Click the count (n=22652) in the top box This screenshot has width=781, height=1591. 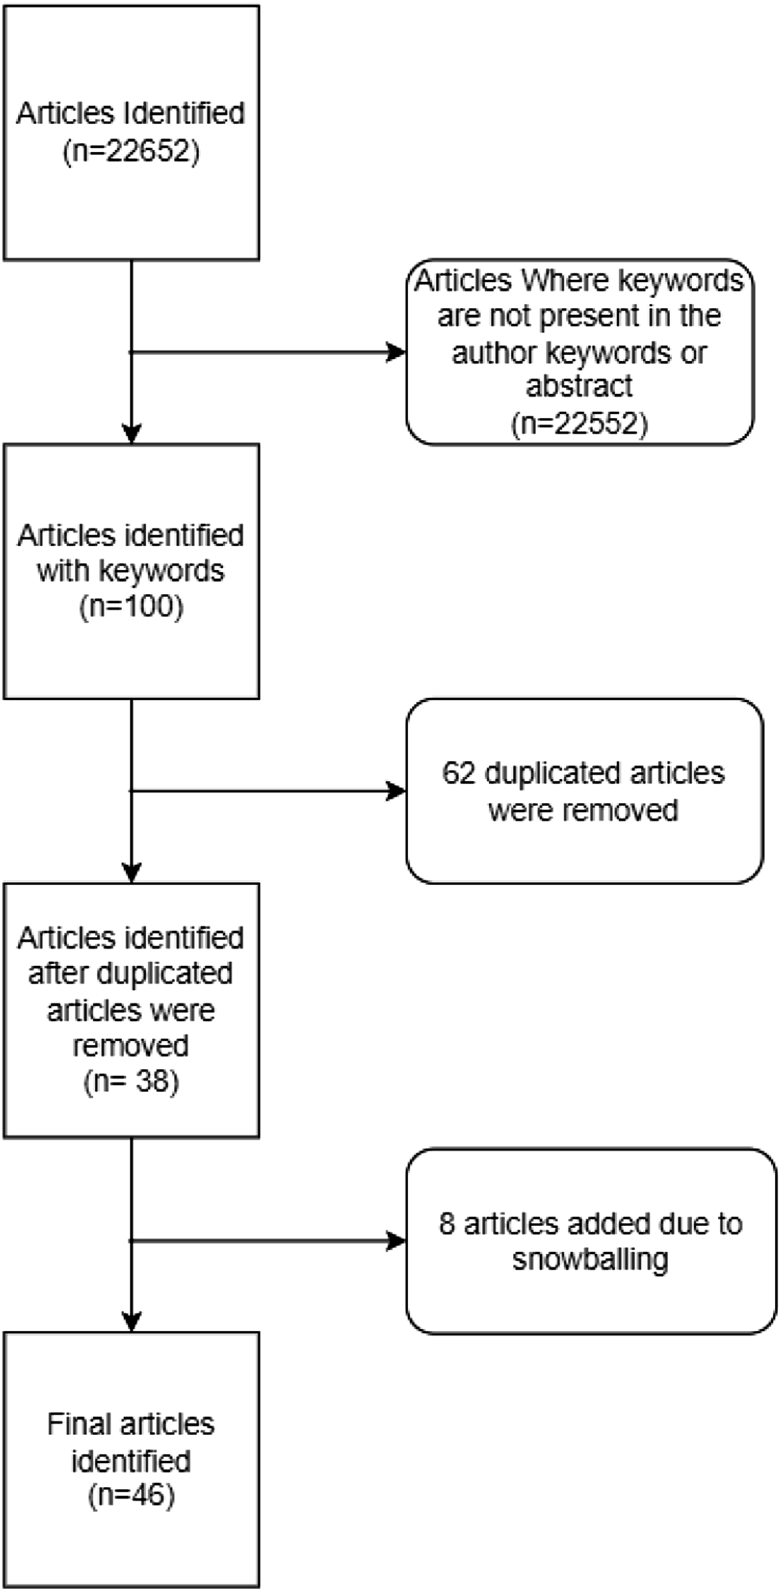(131, 150)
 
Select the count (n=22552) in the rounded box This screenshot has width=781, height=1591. (580, 423)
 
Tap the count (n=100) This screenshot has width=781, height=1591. (131, 605)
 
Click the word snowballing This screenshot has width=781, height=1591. (590, 1259)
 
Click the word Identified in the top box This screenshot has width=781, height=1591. (184, 113)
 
